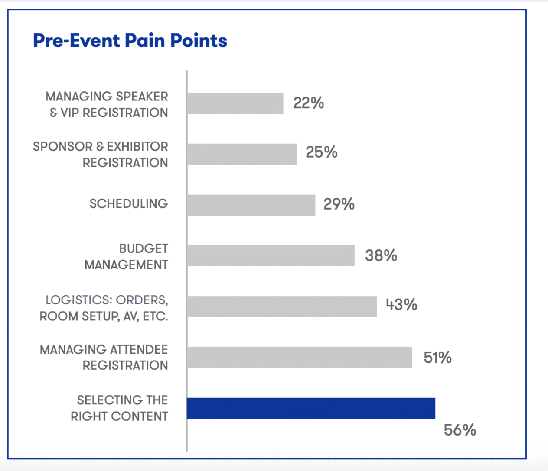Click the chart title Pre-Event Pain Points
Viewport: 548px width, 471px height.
coord(130,41)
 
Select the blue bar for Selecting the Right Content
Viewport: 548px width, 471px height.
coord(311,408)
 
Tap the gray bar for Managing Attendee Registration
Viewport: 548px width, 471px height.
coord(299,357)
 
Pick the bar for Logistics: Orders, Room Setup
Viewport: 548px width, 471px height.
coord(282,306)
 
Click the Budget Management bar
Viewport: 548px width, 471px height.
coord(271,255)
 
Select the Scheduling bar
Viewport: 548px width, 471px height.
coord(251,205)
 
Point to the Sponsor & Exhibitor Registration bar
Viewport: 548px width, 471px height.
coord(242,154)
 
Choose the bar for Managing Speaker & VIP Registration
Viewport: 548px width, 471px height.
coord(235,103)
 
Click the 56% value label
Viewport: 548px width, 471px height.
coord(460,430)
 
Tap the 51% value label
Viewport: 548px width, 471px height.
coord(437,358)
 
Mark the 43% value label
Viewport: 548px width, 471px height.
coord(401,305)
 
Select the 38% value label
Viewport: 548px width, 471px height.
coord(381,255)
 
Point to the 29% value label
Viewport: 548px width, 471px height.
coord(339,204)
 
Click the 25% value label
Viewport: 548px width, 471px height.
coord(321,152)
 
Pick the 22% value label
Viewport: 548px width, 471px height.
coord(308,103)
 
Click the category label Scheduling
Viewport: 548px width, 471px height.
coord(128,203)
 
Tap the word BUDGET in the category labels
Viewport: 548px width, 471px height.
coord(144,248)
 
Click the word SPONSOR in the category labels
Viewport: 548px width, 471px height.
coord(62,147)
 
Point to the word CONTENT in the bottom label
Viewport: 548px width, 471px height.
coord(140,416)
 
